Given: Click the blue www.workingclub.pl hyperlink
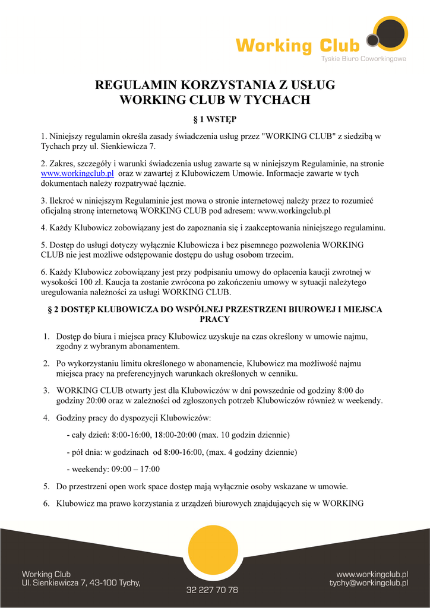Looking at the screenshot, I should [x=77, y=173].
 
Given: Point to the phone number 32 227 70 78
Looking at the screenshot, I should [x=212, y=590].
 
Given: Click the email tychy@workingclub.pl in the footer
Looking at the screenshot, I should [x=369, y=583].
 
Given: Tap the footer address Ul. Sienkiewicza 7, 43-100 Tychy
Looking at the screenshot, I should [x=81, y=583].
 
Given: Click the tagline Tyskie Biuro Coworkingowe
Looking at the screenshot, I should [x=363, y=59].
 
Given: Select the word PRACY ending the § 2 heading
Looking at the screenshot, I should [x=215, y=319].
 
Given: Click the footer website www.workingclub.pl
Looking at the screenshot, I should [x=372, y=574].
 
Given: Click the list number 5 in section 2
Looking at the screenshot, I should [x=46, y=487].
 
